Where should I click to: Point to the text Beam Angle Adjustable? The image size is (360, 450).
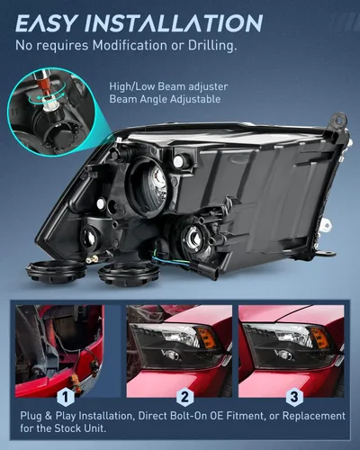(165, 99)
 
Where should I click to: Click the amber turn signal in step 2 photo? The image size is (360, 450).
(209, 338)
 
